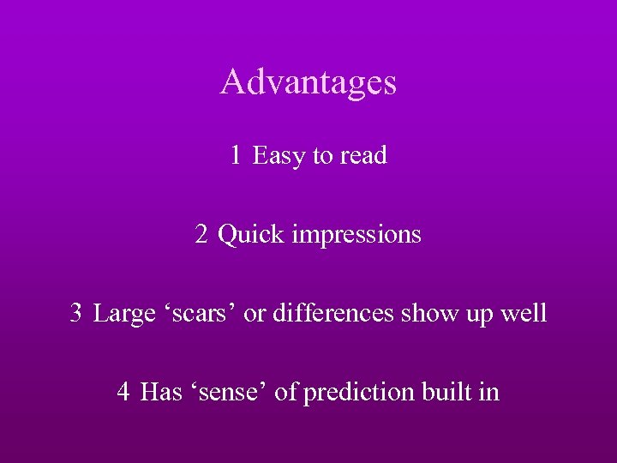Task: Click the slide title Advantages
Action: [308, 82]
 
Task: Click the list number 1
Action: [236, 156]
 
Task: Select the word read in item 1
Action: [363, 156]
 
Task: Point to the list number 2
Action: [201, 234]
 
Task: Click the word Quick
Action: [252, 234]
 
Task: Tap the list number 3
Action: [76, 313]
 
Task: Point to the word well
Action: [523, 313]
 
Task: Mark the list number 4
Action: [124, 393]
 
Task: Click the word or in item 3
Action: [255, 313]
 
